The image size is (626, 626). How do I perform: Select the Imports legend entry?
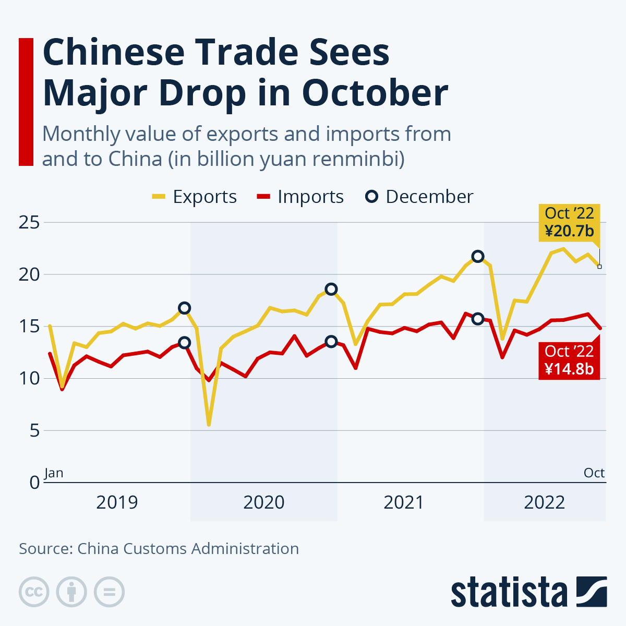click(300, 197)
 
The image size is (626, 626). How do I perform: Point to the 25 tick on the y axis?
click(29, 223)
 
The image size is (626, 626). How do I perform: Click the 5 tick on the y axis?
click(34, 431)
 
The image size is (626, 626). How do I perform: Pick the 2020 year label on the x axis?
click(264, 502)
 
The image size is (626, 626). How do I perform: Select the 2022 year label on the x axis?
click(545, 502)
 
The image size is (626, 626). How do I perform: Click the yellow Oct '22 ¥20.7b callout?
click(569, 222)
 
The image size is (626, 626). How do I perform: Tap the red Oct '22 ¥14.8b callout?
click(569, 360)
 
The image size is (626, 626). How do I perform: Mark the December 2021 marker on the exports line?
click(477, 256)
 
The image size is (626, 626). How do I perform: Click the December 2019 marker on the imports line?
click(184, 343)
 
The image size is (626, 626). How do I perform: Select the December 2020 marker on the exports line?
click(331, 289)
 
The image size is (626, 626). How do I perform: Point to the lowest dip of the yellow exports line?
click(209, 425)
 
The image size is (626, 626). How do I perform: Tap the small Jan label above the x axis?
click(54, 473)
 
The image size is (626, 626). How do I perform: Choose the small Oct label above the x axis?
click(594, 473)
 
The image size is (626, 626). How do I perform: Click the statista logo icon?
click(592, 592)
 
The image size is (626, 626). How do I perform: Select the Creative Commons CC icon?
click(34, 592)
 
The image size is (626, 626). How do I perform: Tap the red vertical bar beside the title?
click(26, 102)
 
